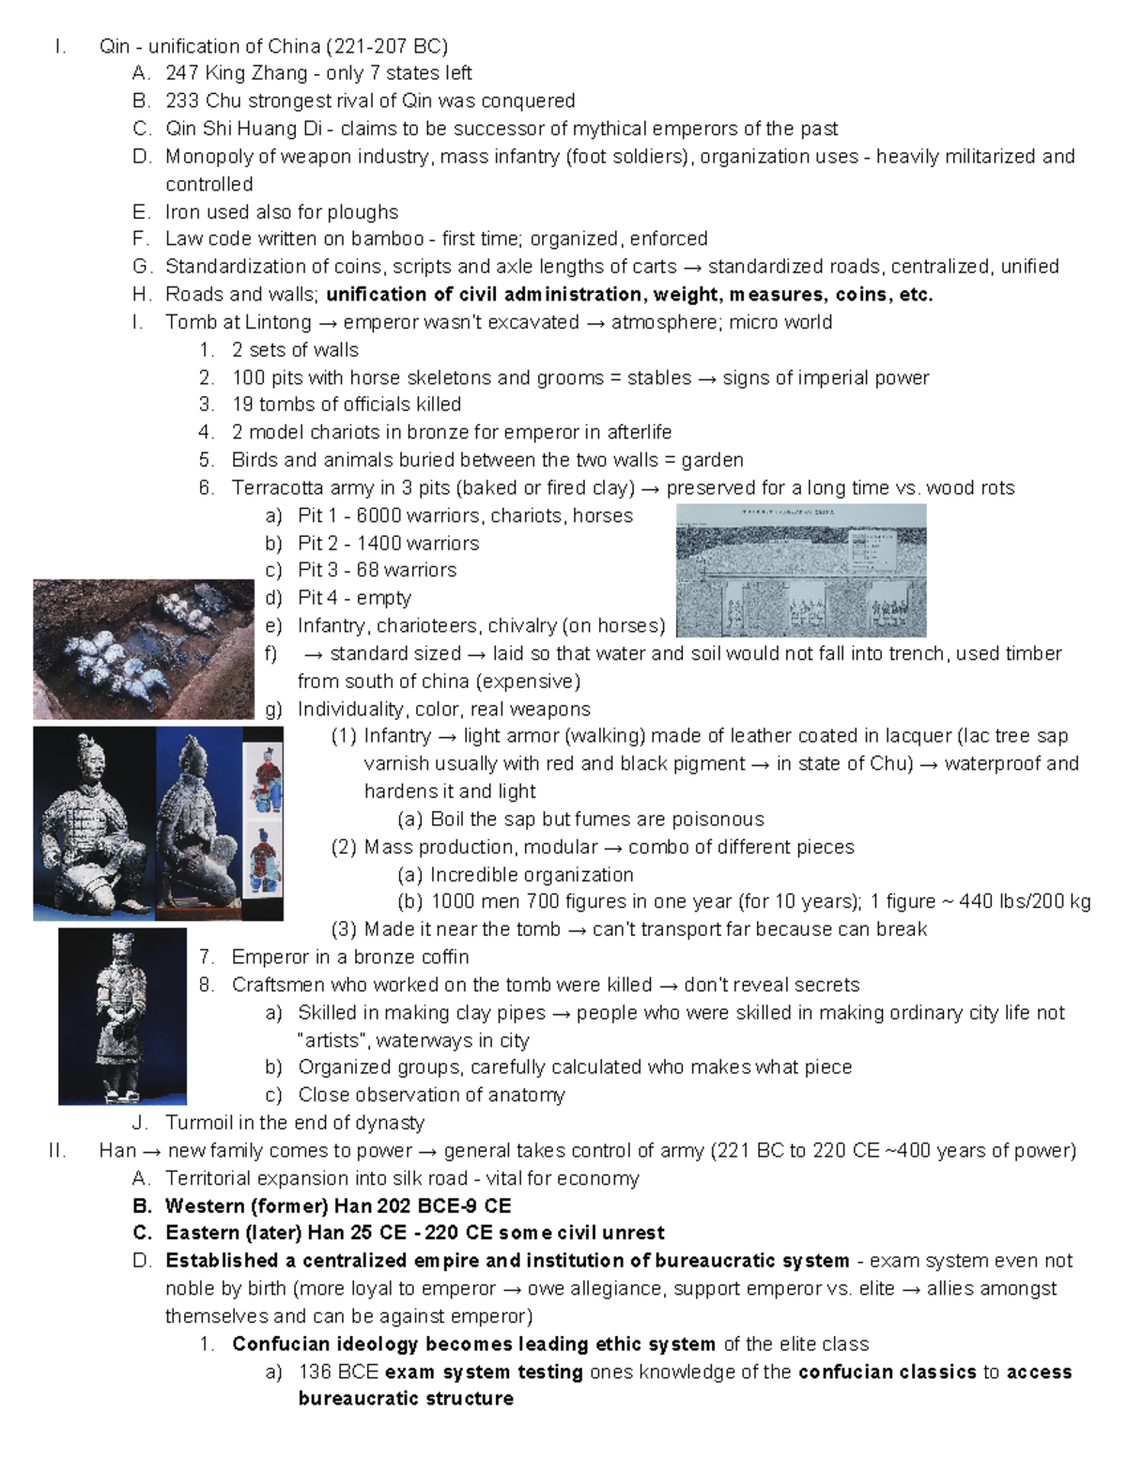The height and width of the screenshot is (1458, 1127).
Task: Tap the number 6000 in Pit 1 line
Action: pos(378,515)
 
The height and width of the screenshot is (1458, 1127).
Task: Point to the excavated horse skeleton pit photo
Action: pos(143,649)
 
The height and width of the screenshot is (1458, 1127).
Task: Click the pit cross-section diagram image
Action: pos(801,570)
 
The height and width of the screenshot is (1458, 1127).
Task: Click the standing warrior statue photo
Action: pos(122,1016)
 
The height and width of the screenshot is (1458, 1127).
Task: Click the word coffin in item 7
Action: pos(441,957)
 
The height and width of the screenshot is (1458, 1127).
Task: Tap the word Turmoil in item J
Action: pos(198,1123)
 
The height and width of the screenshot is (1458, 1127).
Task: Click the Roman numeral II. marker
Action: pos(56,1150)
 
